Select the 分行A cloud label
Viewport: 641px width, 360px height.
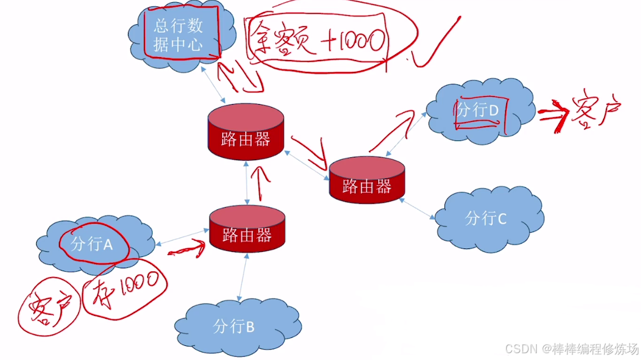(x=92, y=243)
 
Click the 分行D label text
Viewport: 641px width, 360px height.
(x=476, y=110)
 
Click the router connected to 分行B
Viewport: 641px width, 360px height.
(x=246, y=228)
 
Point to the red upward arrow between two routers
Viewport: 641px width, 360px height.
(x=261, y=181)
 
